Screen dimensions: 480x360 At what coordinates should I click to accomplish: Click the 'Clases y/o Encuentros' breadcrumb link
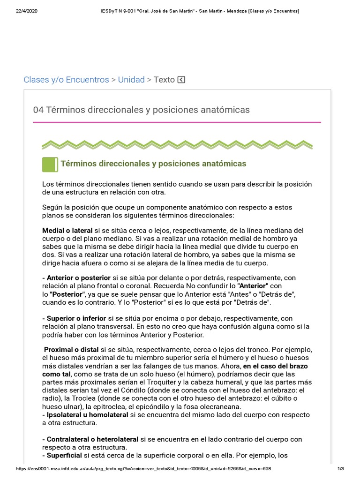coord(66,80)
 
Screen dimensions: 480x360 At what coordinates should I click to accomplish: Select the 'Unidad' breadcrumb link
coord(131,80)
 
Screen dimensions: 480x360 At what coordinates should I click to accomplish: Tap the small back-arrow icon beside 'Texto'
coord(181,80)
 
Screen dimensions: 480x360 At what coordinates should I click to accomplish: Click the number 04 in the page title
coord(38,110)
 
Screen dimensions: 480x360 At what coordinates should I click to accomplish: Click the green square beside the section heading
coord(50,164)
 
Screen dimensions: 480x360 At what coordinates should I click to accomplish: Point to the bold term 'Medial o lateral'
coord(67,231)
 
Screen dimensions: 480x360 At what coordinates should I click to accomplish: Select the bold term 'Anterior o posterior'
coord(78,277)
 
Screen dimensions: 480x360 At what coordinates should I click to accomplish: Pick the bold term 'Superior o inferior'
coord(76,318)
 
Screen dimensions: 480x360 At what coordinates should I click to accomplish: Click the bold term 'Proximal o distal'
coord(71,350)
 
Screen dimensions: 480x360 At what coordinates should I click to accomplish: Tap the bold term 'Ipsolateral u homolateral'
coord(87,415)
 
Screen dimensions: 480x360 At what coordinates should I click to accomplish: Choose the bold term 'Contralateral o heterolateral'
coord(92,439)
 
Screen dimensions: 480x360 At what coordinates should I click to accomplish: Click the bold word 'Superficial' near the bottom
coord(64,455)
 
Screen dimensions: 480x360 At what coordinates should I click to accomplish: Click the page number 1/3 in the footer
coord(341,469)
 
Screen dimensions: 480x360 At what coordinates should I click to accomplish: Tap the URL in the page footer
coord(143,469)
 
